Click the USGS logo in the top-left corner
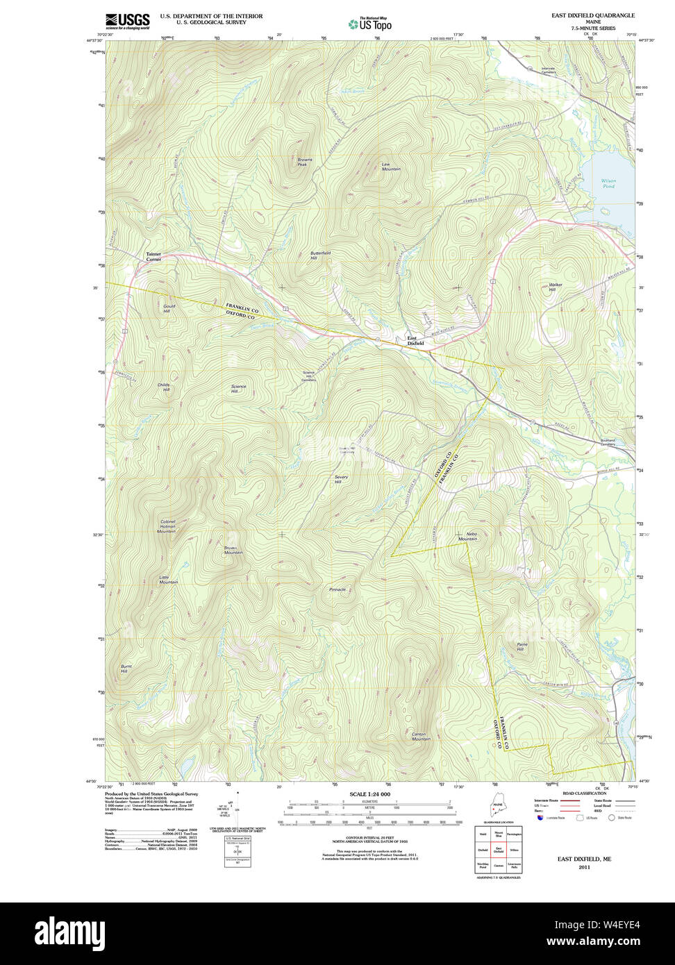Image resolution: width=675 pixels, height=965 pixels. [x=128, y=21]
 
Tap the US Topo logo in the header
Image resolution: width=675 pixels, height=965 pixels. [x=369, y=24]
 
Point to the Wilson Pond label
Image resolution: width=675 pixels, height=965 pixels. [x=608, y=183]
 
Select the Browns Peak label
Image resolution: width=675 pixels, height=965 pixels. [x=305, y=162]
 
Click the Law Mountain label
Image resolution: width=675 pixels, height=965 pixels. [x=391, y=167]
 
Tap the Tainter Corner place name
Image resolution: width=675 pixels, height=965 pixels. [x=153, y=256]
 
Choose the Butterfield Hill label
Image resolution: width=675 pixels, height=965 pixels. [x=320, y=255]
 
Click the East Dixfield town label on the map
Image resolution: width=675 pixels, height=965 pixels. [x=415, y=340]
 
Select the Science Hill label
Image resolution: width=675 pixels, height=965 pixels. [x=239, y=389]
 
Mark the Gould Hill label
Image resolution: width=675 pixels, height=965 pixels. [x=169, y=308]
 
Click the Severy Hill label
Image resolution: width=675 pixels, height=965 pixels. [x=341, y=479]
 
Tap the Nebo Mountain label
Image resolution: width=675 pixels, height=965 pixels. [x=467, y=537]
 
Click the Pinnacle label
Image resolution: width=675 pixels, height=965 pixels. [x=337, y=589]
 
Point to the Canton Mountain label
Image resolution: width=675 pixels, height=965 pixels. [x=421, y=736]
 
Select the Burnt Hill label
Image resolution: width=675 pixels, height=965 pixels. [x=125, y=669]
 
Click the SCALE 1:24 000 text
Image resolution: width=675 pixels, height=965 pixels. [x=369, y=794]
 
